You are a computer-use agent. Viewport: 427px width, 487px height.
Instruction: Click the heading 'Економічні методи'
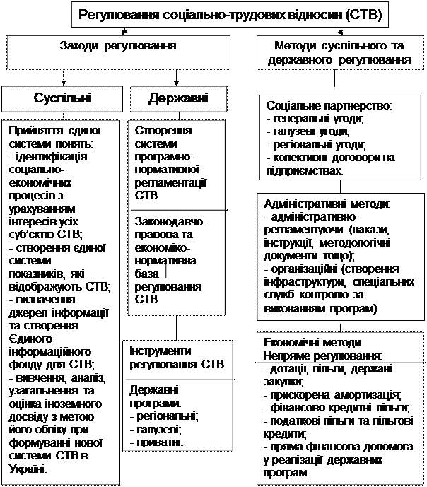point(311,341)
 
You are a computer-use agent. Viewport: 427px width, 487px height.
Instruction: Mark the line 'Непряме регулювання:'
point(322,354)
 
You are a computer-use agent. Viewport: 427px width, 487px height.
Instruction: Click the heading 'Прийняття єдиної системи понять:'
point(55,138)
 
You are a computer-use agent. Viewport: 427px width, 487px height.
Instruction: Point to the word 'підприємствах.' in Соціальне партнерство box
point(304,170)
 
